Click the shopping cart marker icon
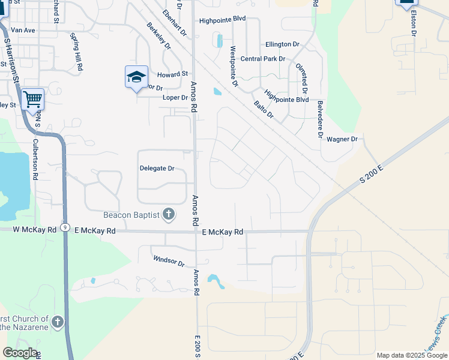32,99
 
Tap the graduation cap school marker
136,77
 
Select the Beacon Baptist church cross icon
169,214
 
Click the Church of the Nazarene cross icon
58,322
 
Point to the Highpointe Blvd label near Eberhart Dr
223,19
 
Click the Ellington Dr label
282,44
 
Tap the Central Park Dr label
262,59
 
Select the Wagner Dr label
342,139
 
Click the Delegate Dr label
157,169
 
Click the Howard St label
173,74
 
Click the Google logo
20,352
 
